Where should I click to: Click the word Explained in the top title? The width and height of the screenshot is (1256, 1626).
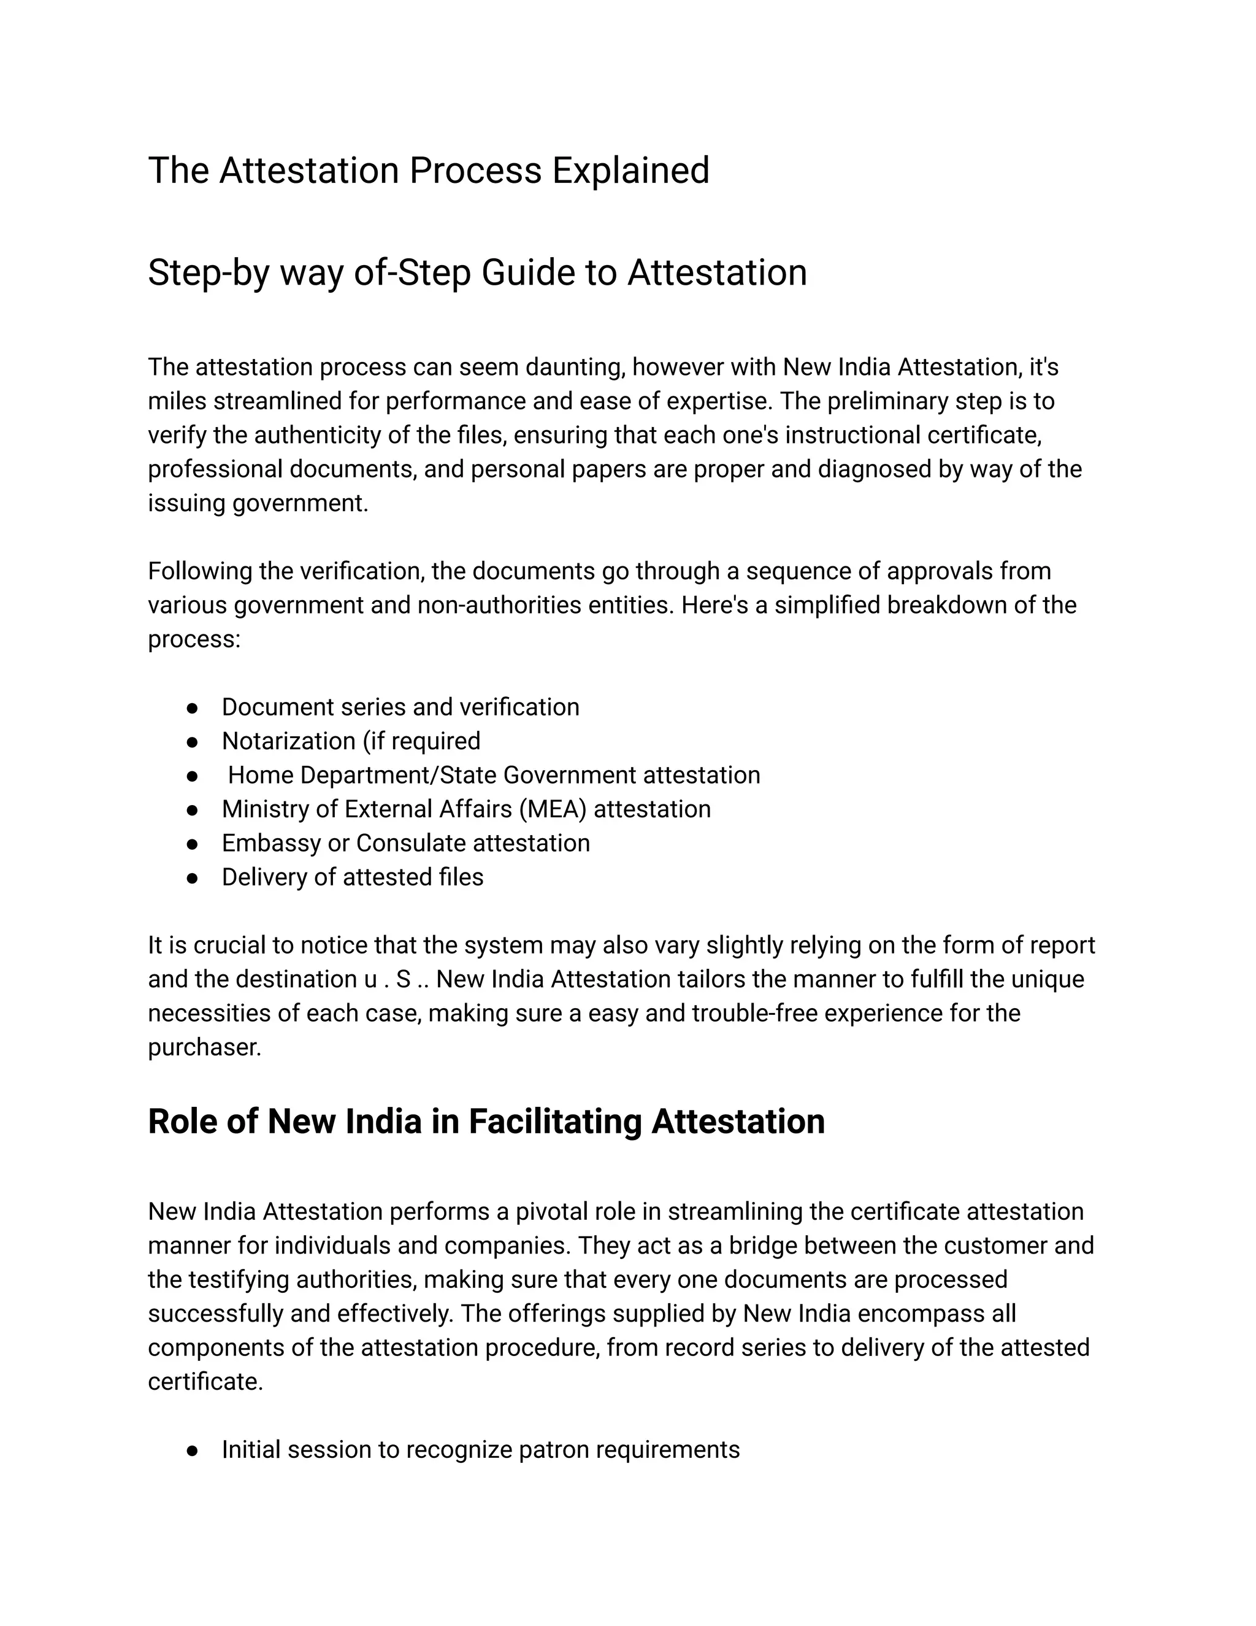(x=630, y=171)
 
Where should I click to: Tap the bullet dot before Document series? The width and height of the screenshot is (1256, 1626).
(x=192, y=708)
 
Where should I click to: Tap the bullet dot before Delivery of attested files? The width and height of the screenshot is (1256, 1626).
(x=192, y=879)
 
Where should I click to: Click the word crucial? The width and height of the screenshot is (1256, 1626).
(x=229, y=946)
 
